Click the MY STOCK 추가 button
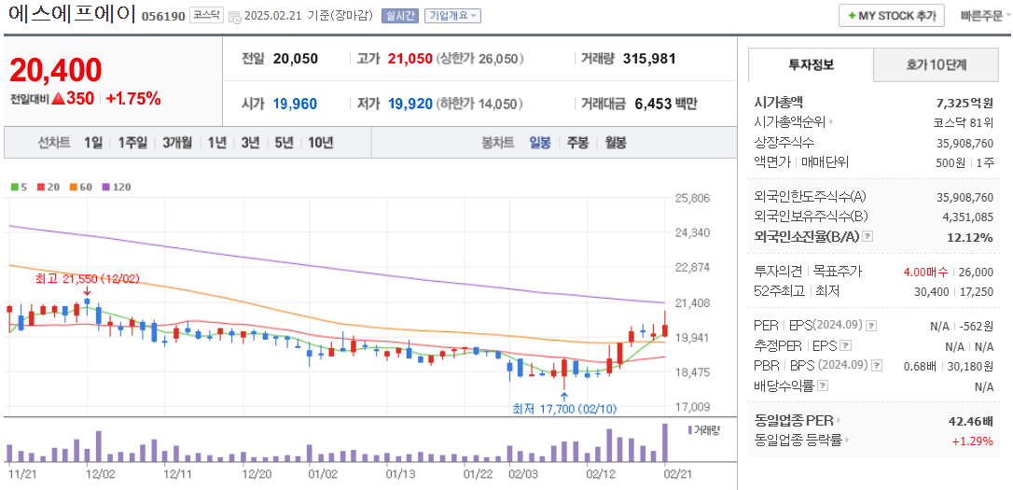click(892, 16)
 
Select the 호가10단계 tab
click(936, 64)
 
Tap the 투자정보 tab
click(811, 64)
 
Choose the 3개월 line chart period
click(177, 143)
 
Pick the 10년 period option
click(320, 143)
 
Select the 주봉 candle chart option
click(577, 143)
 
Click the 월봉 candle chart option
click(615, 143)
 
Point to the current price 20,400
click(56, 70)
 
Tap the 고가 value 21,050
click(410, 59)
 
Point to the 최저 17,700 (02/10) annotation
click(563, 409)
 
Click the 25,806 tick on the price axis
click(692, 199)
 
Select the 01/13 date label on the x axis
click(400, 473)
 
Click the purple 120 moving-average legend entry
click(117, 187)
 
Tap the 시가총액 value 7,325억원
click(964, 103)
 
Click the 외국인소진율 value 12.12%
click(970, 237)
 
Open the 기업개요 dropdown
click(452, 16)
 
